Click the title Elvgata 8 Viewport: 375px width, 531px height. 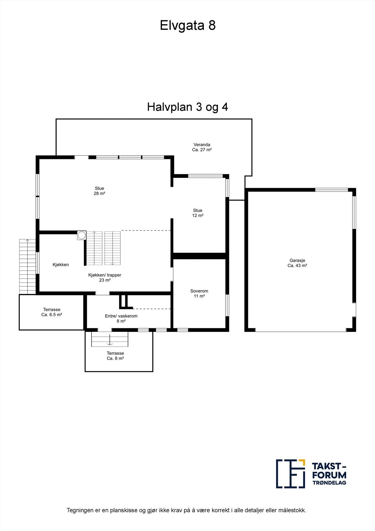(x=188, y=25)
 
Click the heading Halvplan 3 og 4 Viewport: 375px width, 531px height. (x=187, y=107)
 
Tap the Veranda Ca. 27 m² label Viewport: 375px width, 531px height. (x=202, y=147)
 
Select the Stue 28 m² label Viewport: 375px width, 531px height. (x=99, y=191)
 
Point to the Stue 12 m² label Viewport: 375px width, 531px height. (x=198, y=213)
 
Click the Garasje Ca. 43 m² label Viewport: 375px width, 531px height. (x=297, y=263)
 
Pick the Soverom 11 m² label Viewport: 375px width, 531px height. (x=199, y=293)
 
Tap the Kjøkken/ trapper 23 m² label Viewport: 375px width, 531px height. (x=104, y=277)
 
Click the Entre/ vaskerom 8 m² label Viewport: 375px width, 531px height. (x=121, y=318)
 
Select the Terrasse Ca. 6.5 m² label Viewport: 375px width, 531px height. (x=51, y=312)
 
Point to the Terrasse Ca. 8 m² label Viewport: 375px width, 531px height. (x=115, y=356)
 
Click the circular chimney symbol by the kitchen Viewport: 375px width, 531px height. (x=82, y=235)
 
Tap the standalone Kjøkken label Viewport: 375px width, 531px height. (x=61, y=265)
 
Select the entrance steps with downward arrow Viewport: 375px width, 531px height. (x=110, y=339)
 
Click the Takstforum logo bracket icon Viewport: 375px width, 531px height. (x=290, y=474)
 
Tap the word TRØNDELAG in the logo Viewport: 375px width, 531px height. (x=329, y=483)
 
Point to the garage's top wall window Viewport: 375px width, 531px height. (x=331, y=190)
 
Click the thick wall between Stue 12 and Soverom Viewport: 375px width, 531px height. (x=199, y=256)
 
